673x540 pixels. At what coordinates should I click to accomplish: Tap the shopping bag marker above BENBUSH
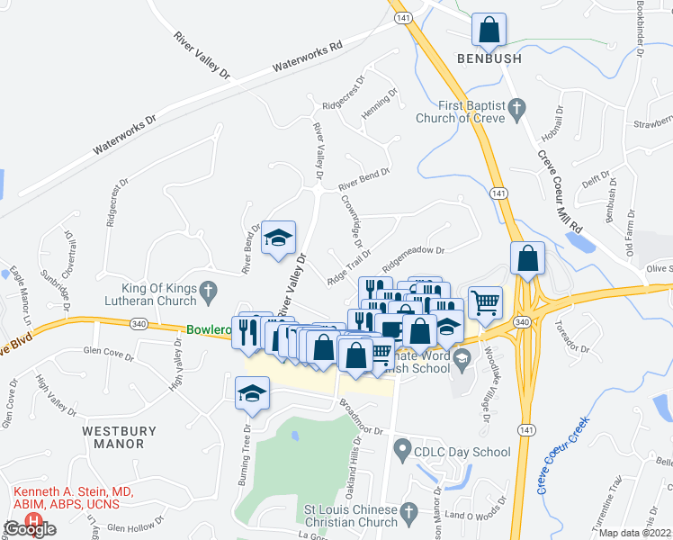(x=489, y=30)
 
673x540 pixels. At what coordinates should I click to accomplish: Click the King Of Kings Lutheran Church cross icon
(x=208, y=291)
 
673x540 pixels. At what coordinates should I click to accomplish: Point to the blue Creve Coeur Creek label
(x=563, y=454)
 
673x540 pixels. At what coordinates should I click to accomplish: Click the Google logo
(x=30, y=530)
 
